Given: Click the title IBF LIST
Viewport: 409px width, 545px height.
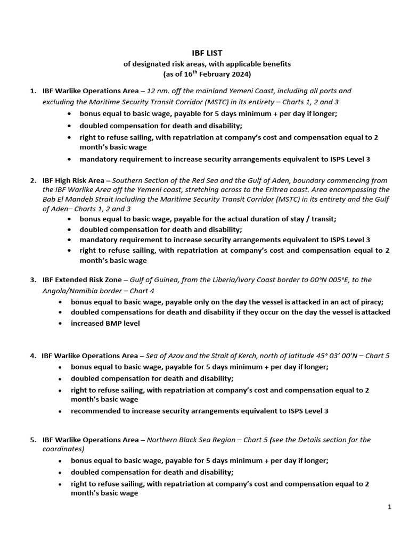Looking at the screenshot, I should point(207,53).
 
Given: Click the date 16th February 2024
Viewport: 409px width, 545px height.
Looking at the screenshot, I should point(218,74).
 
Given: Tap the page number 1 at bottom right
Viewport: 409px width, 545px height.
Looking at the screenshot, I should point(389,507).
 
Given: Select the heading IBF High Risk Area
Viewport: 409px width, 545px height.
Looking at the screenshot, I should point(73,180).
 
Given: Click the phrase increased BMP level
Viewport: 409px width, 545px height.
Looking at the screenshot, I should point(105,323).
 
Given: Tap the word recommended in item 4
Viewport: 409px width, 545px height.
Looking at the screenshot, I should point(94,411).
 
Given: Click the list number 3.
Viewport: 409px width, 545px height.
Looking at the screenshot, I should point(33,280).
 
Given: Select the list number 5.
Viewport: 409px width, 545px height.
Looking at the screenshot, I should point(33,440).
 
